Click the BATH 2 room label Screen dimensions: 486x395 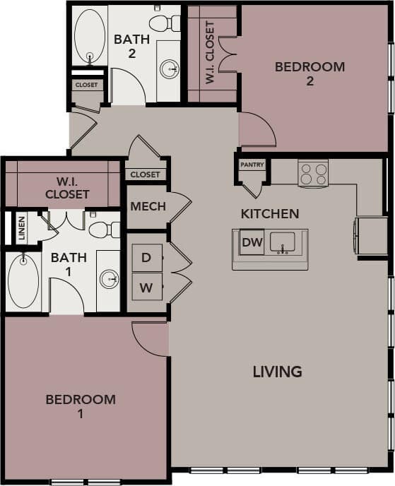131,46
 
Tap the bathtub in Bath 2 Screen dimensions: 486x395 89,35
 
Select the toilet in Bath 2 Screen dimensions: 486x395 165,23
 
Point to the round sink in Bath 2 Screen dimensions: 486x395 170,69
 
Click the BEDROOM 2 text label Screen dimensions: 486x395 309,74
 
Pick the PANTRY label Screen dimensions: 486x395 252,165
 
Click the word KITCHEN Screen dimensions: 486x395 269,213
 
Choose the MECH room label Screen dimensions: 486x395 148,207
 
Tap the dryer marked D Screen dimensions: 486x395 146,258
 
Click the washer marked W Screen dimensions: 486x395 146,287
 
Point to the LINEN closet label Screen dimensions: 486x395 21,228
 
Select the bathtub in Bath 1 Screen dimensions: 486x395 23,280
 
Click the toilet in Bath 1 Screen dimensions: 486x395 104,228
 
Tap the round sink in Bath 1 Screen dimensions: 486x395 110,280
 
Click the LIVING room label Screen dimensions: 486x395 277,372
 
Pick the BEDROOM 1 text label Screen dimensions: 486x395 81,406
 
